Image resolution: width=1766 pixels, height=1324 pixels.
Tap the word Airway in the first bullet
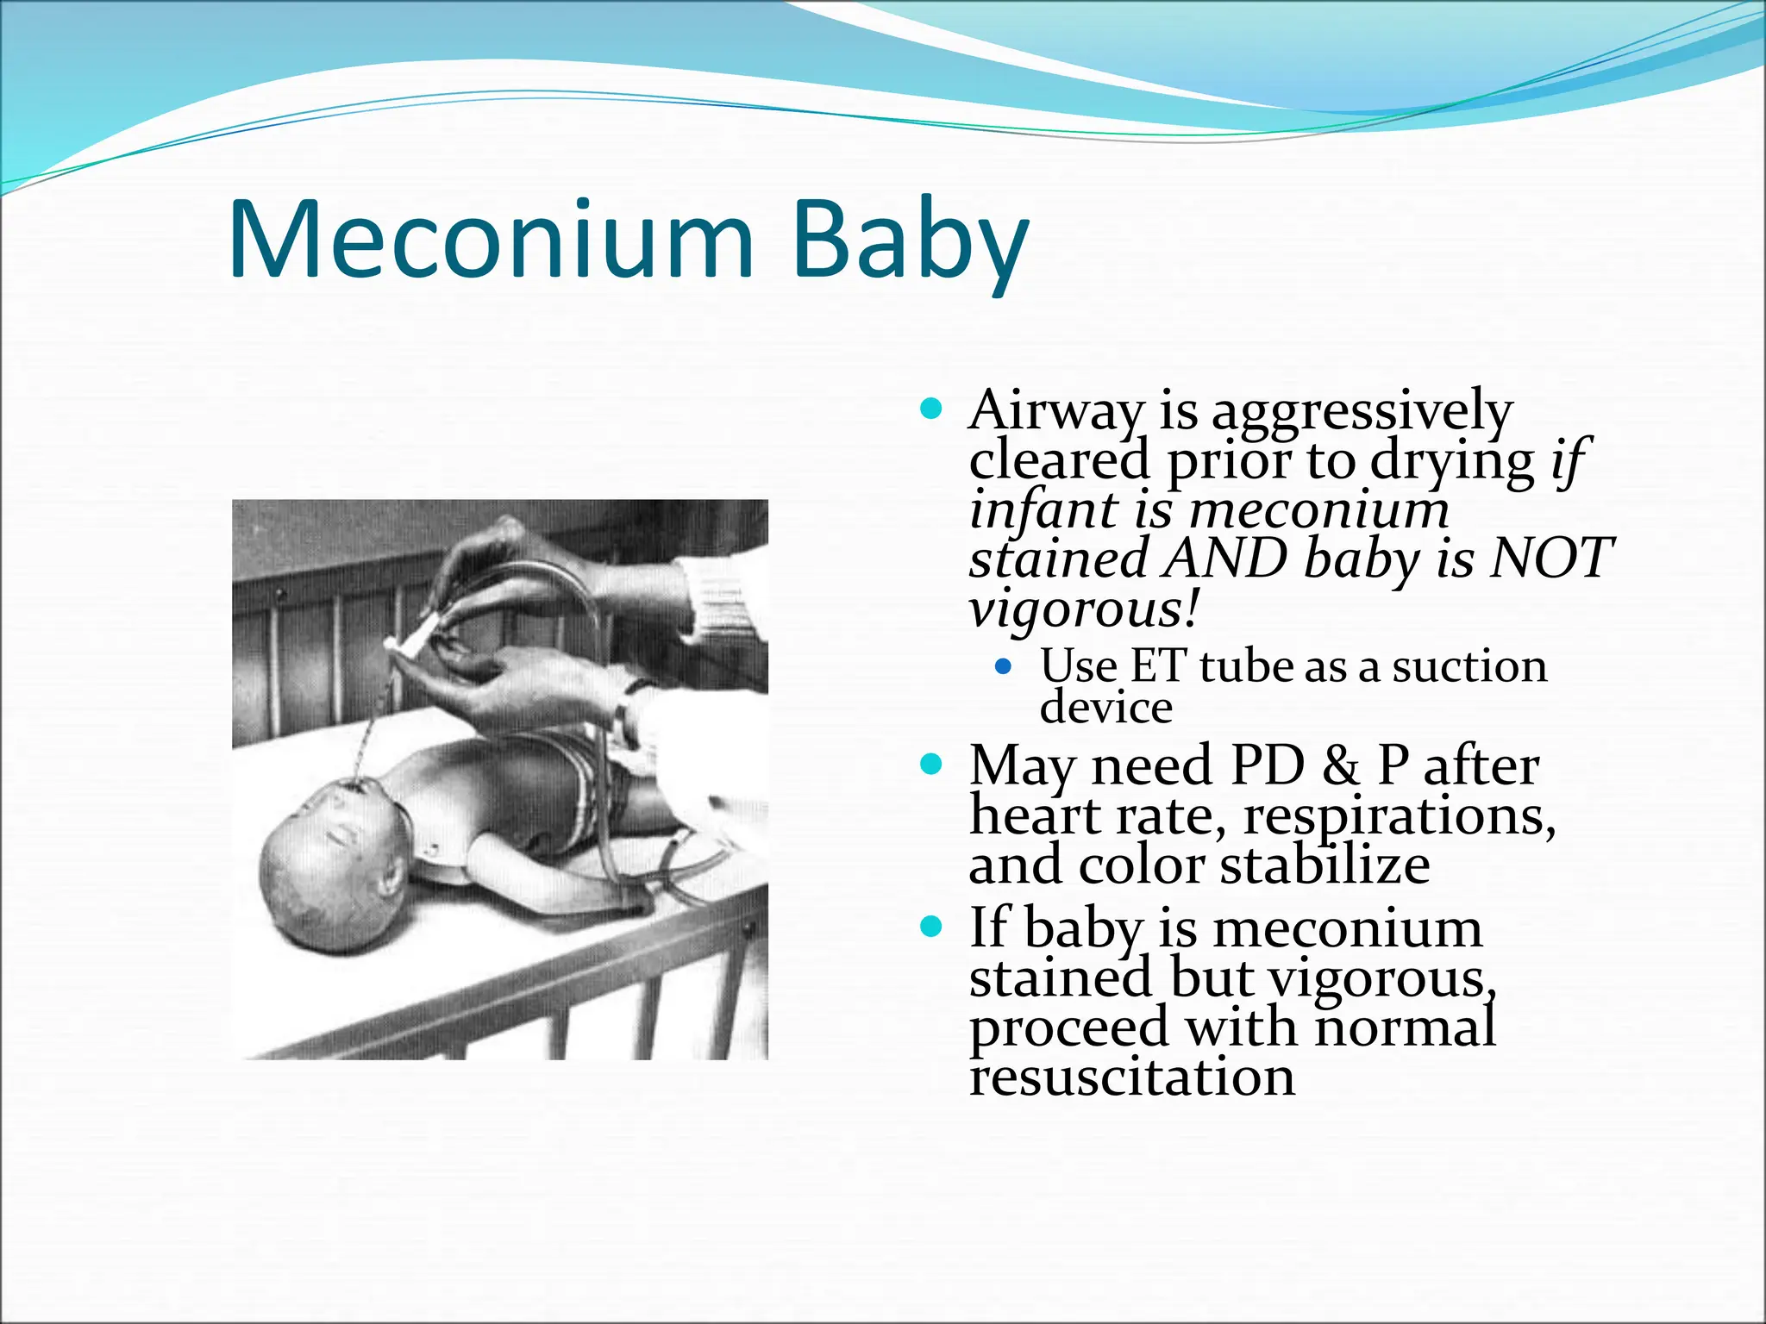tap(1057, 411)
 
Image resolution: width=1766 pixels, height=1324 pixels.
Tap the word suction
tap(1469, 666)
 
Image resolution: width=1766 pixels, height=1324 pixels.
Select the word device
tap(1106, 709)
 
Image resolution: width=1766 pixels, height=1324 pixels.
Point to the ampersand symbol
tap(1340, 765)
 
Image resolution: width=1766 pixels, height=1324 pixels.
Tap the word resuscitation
tap(1132, 1077)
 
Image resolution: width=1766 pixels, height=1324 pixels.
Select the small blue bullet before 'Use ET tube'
tap(1002, 666)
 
